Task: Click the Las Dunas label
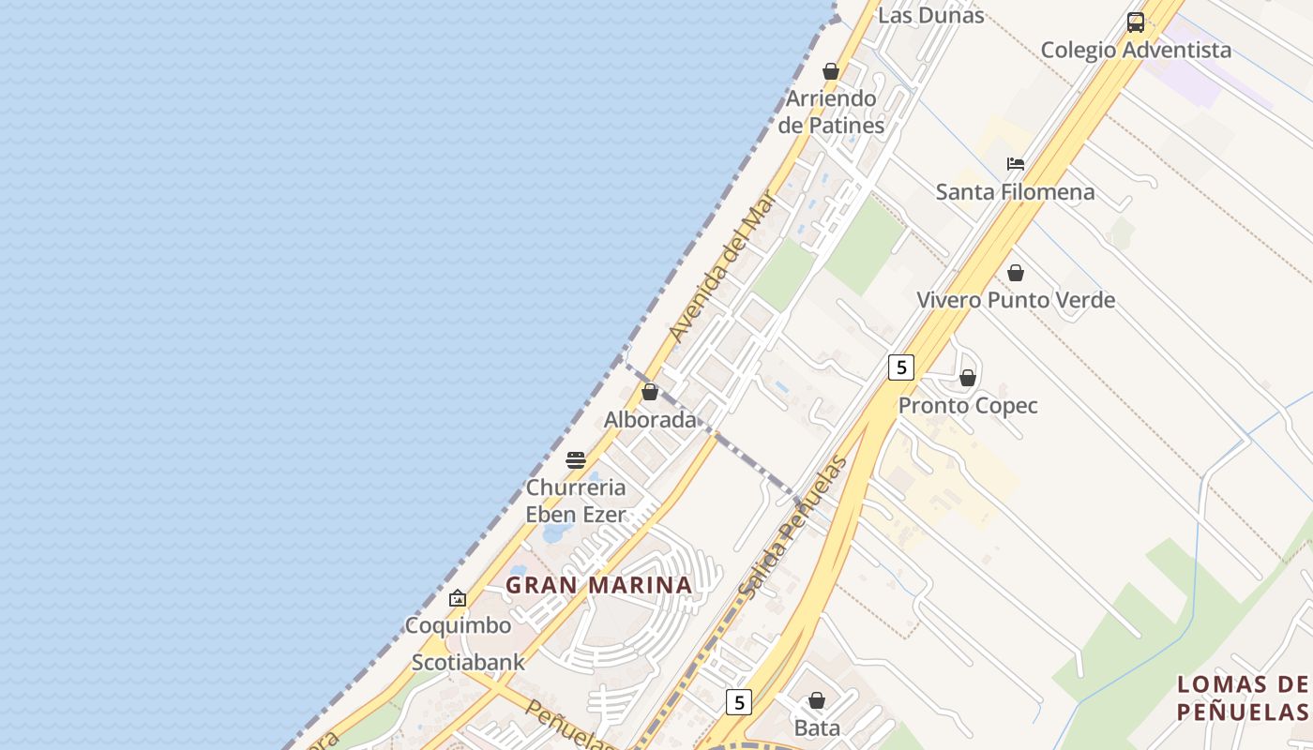(x=930, y=15)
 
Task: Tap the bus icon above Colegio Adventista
(x=1136, y=22)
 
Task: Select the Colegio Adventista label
(x=1136, y=50)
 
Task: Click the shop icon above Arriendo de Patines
(x=830, y=71)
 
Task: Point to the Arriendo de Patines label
(x=831, y=112)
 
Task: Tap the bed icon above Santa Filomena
(x=1015, y=164)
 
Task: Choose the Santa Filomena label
(x=1015, y=192)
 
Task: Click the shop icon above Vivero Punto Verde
(x=1015, y=273)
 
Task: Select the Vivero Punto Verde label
(x=1015, y=300)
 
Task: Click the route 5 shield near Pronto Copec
(x=900, y=367)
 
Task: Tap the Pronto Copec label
(x=968, y=406)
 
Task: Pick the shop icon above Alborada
(x=650, y=392)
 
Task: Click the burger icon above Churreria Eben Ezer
(x=576, y=460)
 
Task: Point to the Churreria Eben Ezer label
(x=576, y=501)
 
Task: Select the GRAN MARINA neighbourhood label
(x=598, y=585)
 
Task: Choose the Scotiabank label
(x=468, y=663)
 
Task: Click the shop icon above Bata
(x=817, y=700)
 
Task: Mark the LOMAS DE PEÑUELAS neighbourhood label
(x=1242, y=697)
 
